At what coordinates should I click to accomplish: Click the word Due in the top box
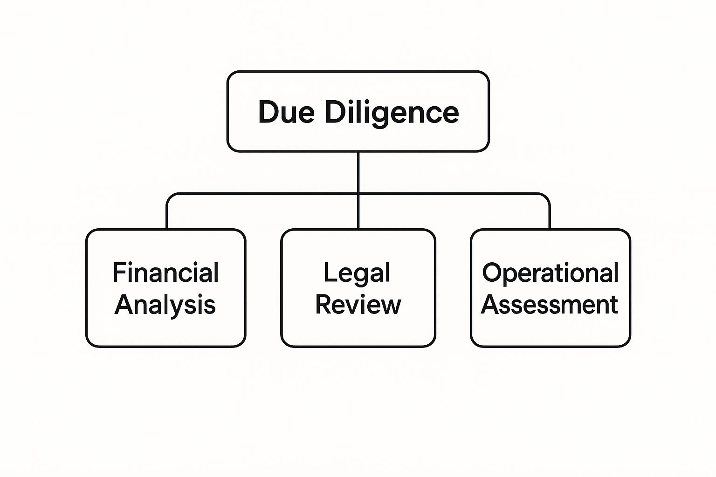pyautogui.click(x=286, y=112)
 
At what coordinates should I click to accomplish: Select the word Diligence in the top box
pyautogui.click(x=392, y=113)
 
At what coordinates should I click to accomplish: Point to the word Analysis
pyautogui.click(x=165, y=305)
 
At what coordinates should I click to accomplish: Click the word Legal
pyautogui.click(x=357, y=273)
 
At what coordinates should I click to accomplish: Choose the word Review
pyautogui.click(x=358, y=305)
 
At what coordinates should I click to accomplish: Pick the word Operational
pyautogui.click(x=550, y=273)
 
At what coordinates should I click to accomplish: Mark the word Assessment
pyautogui.click(x=550, y=305)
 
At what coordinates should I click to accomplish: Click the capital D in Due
pyautogui.click(x=268, y=112)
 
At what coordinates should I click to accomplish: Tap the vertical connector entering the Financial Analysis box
pyautogui.click(x=167, y=217)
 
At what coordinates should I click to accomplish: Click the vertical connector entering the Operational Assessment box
pyautogui.click(x=550, y=217)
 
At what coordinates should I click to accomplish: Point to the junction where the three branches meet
pyautogui.click(x=358, y=193)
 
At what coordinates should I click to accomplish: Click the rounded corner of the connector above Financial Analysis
pyautogui.click(x=170, y=196)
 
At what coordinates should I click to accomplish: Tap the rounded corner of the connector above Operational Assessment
pyautogui.click(x=547, y=196)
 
